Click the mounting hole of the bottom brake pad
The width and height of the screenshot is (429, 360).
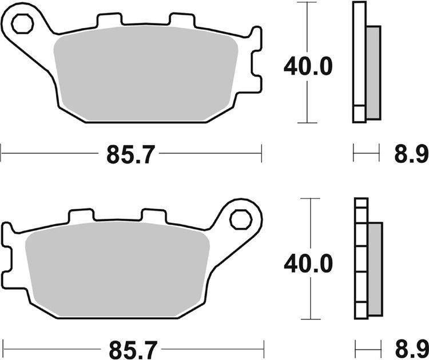point(240,219)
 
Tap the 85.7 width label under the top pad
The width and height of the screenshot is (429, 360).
point(130,154)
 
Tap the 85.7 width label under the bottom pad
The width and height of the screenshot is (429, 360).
point(130,347)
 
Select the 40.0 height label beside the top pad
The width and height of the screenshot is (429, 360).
point(308,66)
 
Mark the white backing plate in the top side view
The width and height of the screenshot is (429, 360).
point(359,57)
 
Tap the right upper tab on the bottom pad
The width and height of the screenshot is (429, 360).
point(153,215)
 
